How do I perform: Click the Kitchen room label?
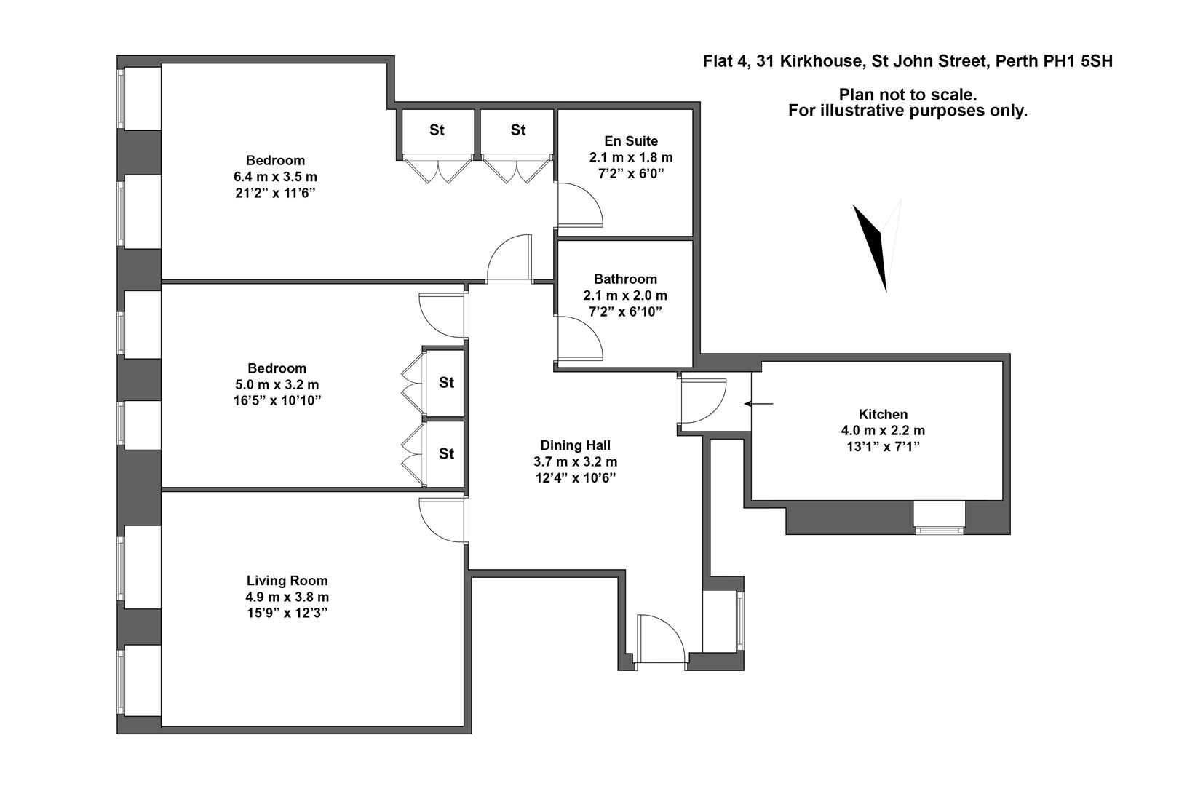click(x=883, y=414)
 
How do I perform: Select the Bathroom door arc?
click(x=579, y=339)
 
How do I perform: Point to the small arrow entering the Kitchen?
click(x=759, y=403)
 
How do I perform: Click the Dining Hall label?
click(x=575, y=445)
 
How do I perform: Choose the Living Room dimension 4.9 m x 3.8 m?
click(x=287, y=597)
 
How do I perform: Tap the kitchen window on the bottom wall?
click(x=939, y=516)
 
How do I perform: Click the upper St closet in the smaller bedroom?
click(x=445, y=383)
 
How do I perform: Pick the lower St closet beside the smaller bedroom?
click(x=445, y=454)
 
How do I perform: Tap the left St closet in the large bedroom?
click(x=437, y=131)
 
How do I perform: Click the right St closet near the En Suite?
click(x=517, y=131)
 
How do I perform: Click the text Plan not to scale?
click(x=908, y=95)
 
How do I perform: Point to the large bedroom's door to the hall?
click(x=509, y=259)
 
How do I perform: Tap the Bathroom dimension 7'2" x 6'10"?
click(x=625, y=312)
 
